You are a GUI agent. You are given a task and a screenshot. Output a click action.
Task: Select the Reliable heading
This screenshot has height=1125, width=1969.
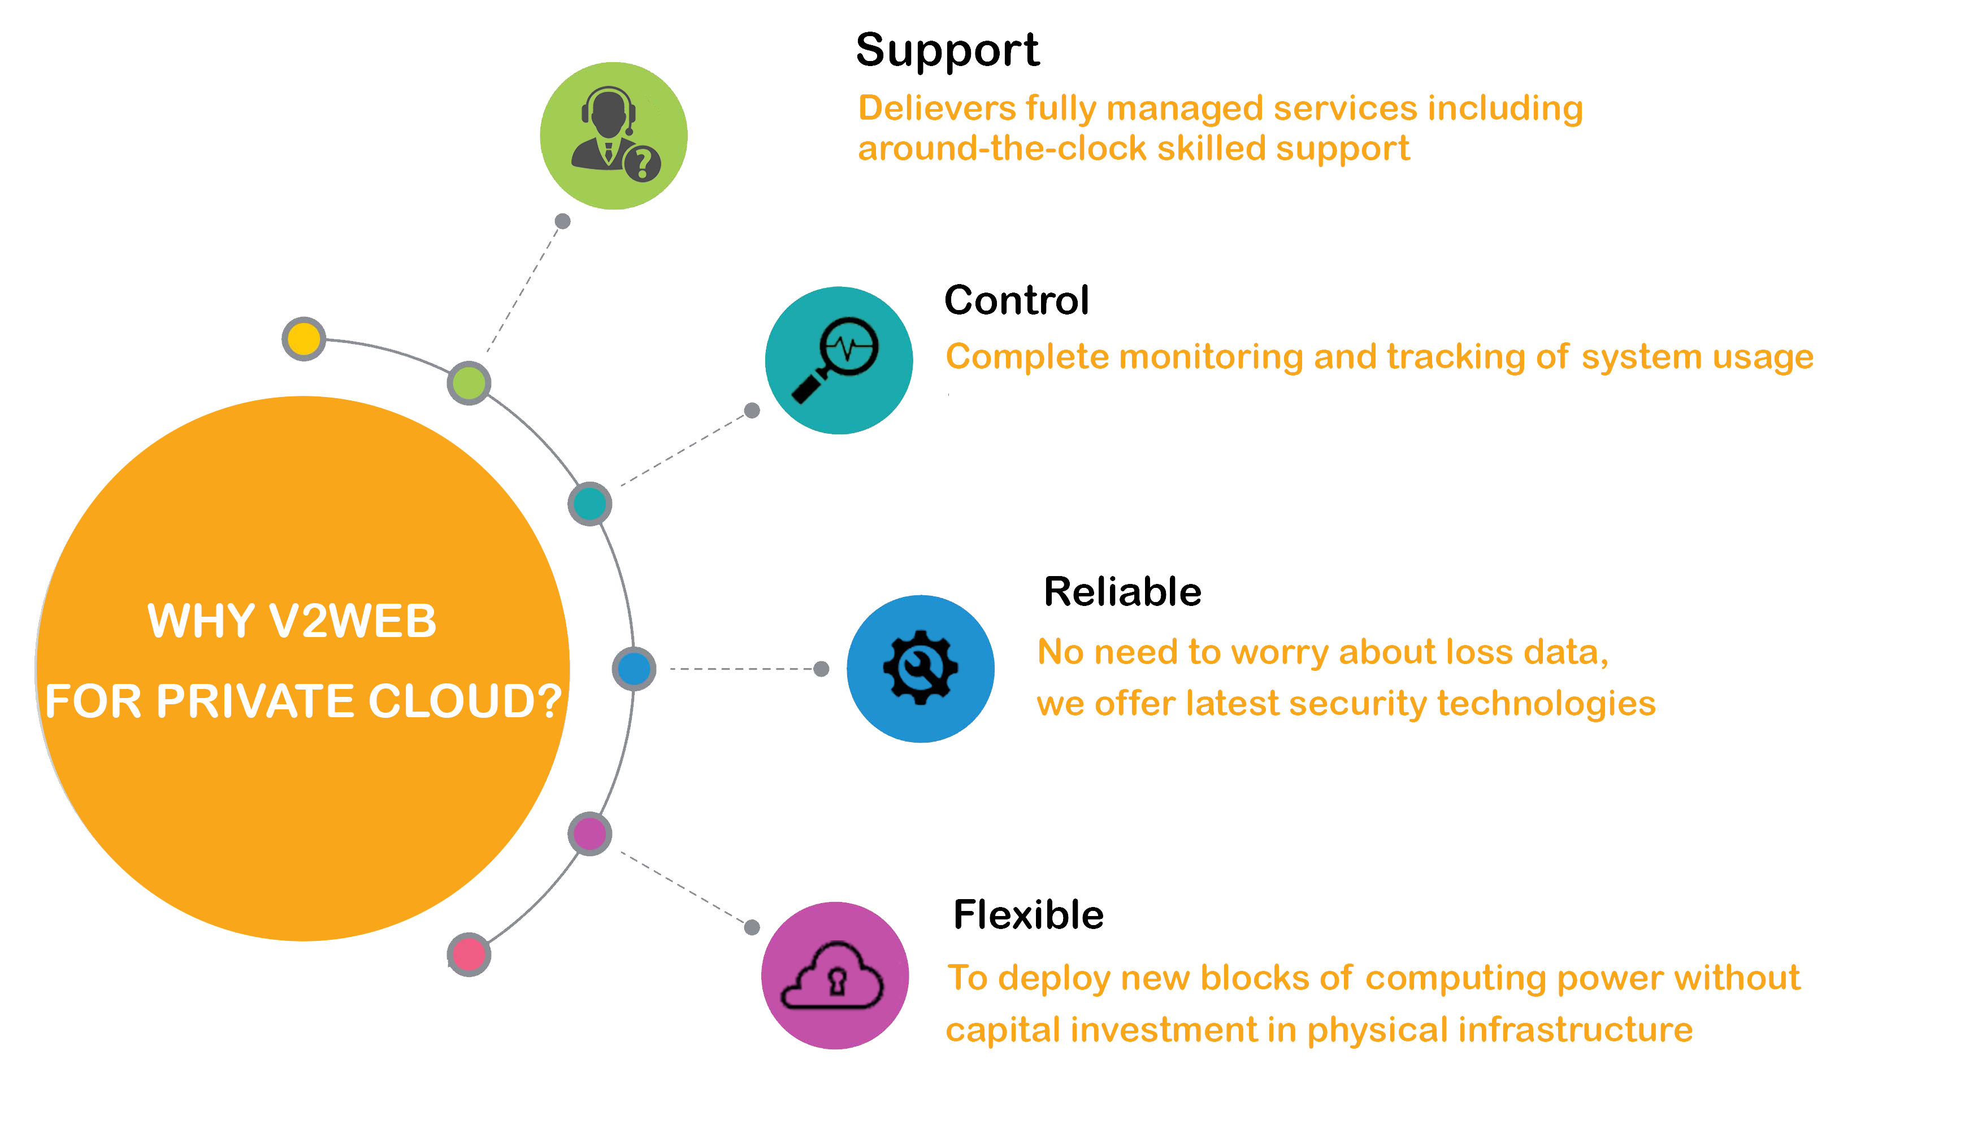point(1122,592)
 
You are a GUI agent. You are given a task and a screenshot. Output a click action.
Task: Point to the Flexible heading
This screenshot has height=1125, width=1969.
point(1028,915)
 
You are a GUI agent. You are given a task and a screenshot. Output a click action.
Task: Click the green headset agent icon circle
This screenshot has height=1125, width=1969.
point(613,136)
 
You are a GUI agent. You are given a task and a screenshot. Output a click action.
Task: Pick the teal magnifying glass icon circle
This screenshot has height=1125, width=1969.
point(838,360)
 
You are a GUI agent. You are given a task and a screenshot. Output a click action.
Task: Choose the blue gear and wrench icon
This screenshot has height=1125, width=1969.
point(920,668)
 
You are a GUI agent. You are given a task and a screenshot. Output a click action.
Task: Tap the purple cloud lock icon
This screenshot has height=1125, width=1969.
point(834,975)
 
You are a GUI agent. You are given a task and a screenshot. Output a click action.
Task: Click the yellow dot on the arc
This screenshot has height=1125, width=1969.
point(304,338)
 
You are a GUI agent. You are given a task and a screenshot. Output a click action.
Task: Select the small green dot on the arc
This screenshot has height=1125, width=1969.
point(469,382)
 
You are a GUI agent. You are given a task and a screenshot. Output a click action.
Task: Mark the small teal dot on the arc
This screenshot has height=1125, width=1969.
point(590,504)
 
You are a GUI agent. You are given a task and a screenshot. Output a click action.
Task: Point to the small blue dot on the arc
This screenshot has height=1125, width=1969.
point(634,668)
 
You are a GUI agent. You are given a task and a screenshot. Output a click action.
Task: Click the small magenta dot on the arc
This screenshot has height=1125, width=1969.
point(590,834)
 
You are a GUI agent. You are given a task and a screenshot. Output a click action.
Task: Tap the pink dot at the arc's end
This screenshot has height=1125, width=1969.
point(469,954)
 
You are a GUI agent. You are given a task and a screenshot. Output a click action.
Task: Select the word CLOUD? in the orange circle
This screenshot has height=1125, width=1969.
point(465,701)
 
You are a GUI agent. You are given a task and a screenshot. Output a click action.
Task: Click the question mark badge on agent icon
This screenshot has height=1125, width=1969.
point(641,163)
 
